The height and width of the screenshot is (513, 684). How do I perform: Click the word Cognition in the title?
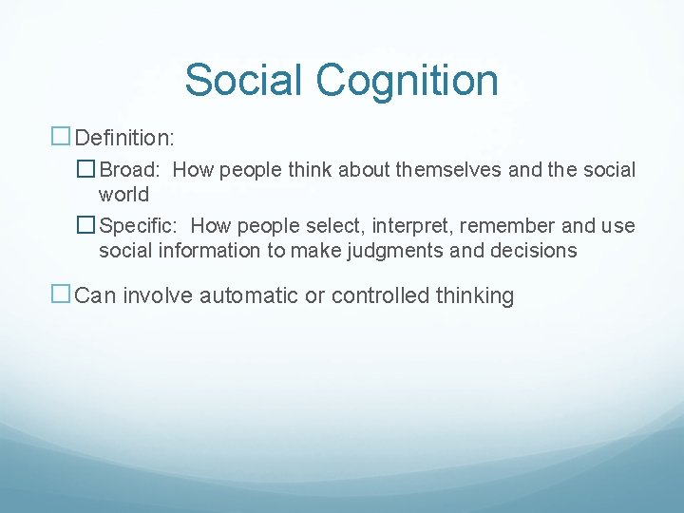coord(407,80)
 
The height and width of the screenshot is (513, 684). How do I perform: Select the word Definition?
coord(124,139)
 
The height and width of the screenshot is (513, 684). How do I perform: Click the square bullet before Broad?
coord(86,170)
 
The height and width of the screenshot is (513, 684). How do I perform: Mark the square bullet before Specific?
coord(86,226)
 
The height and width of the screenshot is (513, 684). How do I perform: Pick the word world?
coord(124,195)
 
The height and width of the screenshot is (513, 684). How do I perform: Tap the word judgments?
coord(407,251)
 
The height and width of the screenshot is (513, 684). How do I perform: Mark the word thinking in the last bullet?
coord(475,295)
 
